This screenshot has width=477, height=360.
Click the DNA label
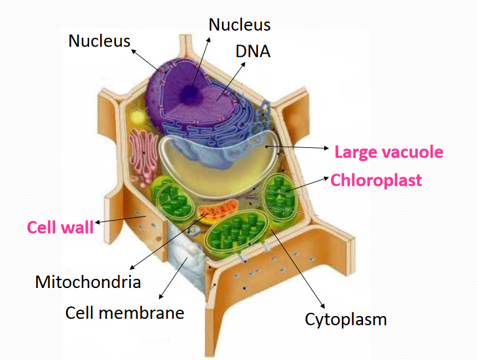tap(253, 51)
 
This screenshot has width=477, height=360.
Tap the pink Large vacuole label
tap(389, 152)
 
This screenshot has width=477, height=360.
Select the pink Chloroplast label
tap(376, 180)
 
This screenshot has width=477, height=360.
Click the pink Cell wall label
tap(60, 227)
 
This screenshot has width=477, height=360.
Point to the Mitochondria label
tap(88, 281)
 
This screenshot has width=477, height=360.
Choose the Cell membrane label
tap(124, 313)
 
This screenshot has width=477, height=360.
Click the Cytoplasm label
tap(345, 320)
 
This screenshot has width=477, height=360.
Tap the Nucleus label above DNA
tap(239, 25)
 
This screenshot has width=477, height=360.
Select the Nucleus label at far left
tap(99, 41)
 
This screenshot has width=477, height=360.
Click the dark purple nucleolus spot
tap(190, 93)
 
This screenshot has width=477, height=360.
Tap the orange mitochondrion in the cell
tap(218, 209)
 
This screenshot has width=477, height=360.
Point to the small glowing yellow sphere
tap(138, 118)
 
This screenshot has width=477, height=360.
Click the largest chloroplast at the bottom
tap(237, 232)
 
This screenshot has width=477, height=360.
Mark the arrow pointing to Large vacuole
tap(297, 147)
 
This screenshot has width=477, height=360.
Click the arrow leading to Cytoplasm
tap(297, 269)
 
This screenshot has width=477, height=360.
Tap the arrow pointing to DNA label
tap(231, 81)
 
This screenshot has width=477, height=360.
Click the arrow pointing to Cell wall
tap(121, 219)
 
